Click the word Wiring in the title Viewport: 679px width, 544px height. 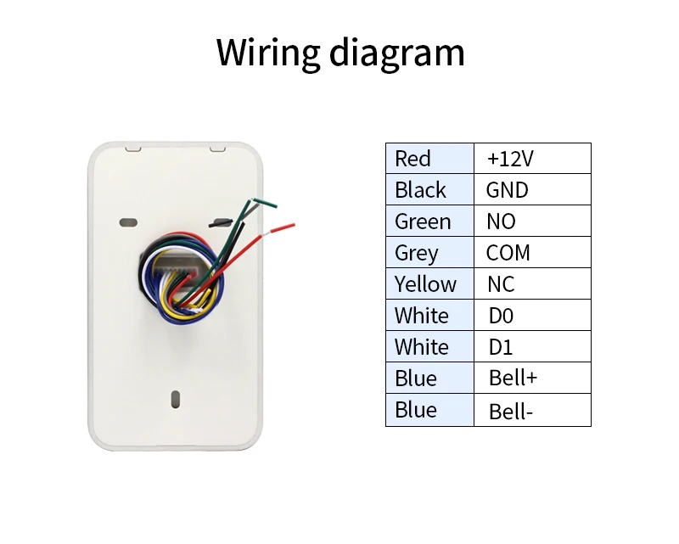(x=268, y=53)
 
